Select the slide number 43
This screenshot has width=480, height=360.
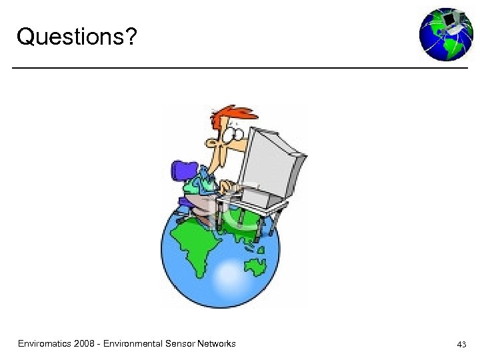coord(461,345)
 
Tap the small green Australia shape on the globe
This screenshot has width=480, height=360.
coord(255,267)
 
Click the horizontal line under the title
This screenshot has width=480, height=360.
coord(240,67)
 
